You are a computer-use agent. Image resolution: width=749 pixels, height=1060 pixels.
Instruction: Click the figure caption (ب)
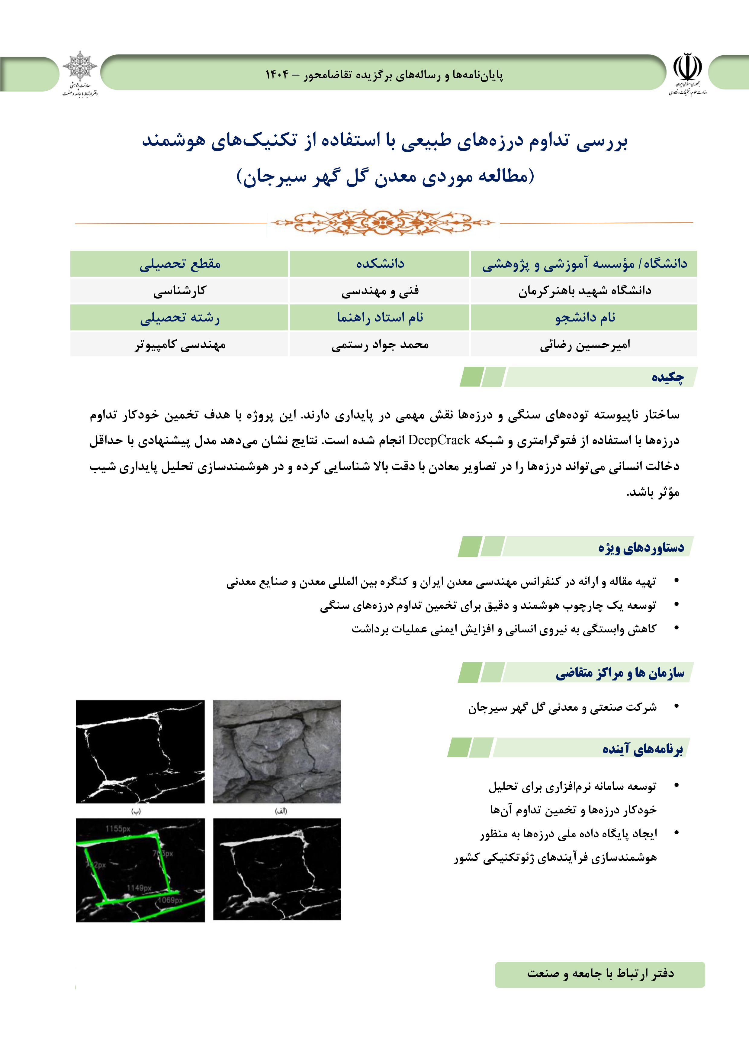136,811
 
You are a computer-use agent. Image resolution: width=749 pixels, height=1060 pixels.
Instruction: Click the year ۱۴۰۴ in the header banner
277,74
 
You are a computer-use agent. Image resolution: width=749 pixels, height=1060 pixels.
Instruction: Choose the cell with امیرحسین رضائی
585,344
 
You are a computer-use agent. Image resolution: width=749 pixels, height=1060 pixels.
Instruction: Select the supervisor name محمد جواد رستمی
380,344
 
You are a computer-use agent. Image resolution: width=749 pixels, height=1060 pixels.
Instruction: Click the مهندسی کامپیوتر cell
180,344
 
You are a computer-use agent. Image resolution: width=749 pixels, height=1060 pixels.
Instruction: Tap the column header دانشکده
380,263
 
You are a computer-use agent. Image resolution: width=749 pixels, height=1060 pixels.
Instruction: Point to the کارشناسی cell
180,290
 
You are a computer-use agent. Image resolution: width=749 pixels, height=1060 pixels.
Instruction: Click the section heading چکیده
667,377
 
